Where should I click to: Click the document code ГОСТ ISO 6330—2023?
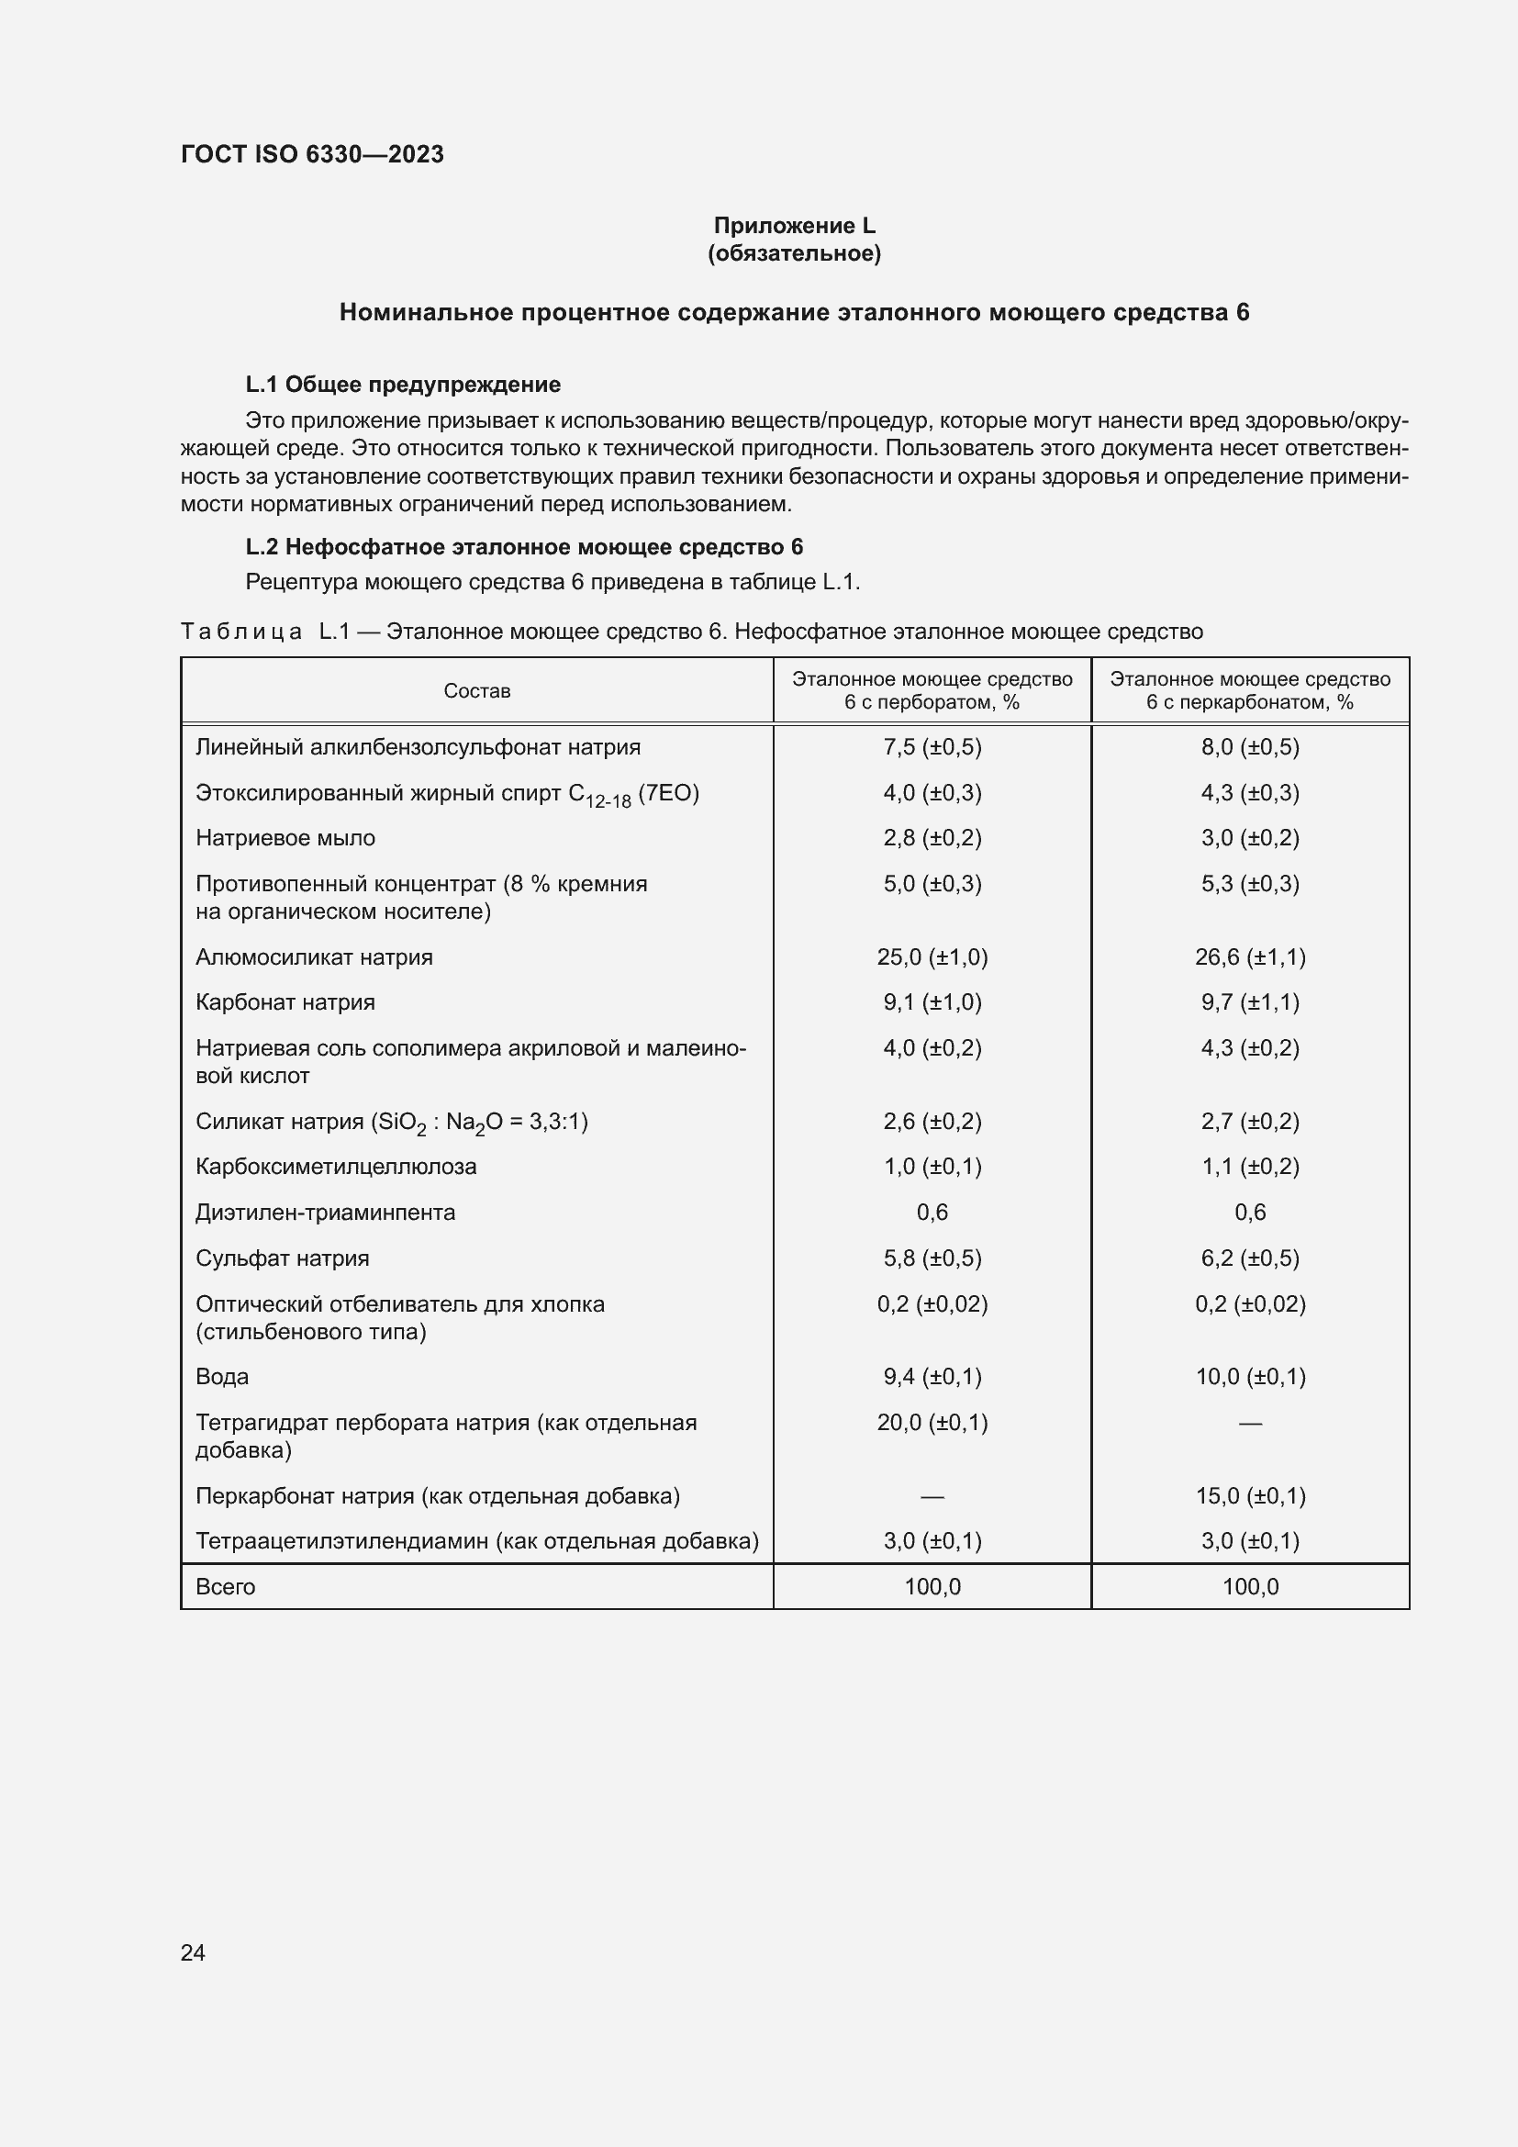[312, 154]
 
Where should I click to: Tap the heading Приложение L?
[794, 226]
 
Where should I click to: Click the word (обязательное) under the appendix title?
[794, 253]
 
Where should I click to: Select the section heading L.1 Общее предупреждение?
[403, 385]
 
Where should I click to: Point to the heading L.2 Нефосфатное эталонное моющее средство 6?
[523, 547]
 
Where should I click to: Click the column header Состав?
[476, 691]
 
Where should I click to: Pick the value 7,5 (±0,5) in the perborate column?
[932, 747]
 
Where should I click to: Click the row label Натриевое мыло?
[285, 838]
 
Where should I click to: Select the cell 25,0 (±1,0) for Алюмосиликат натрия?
[932, 956]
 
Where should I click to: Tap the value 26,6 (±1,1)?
[1250, 956]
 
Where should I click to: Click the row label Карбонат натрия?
[285, 1002]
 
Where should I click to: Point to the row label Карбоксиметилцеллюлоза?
[336, 1166]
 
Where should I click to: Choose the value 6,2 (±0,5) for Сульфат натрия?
[1250, 1258]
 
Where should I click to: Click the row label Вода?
[221, 1377]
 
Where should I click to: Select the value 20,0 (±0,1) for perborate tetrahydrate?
[932, 1422]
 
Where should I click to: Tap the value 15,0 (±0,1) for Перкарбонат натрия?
[1250, 1495]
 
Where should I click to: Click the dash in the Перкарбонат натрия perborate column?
[932, 1496]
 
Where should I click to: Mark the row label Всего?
[225, 1586]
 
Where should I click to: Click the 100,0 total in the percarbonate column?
[1250, 1586]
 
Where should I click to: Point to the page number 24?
[193, 1952]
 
